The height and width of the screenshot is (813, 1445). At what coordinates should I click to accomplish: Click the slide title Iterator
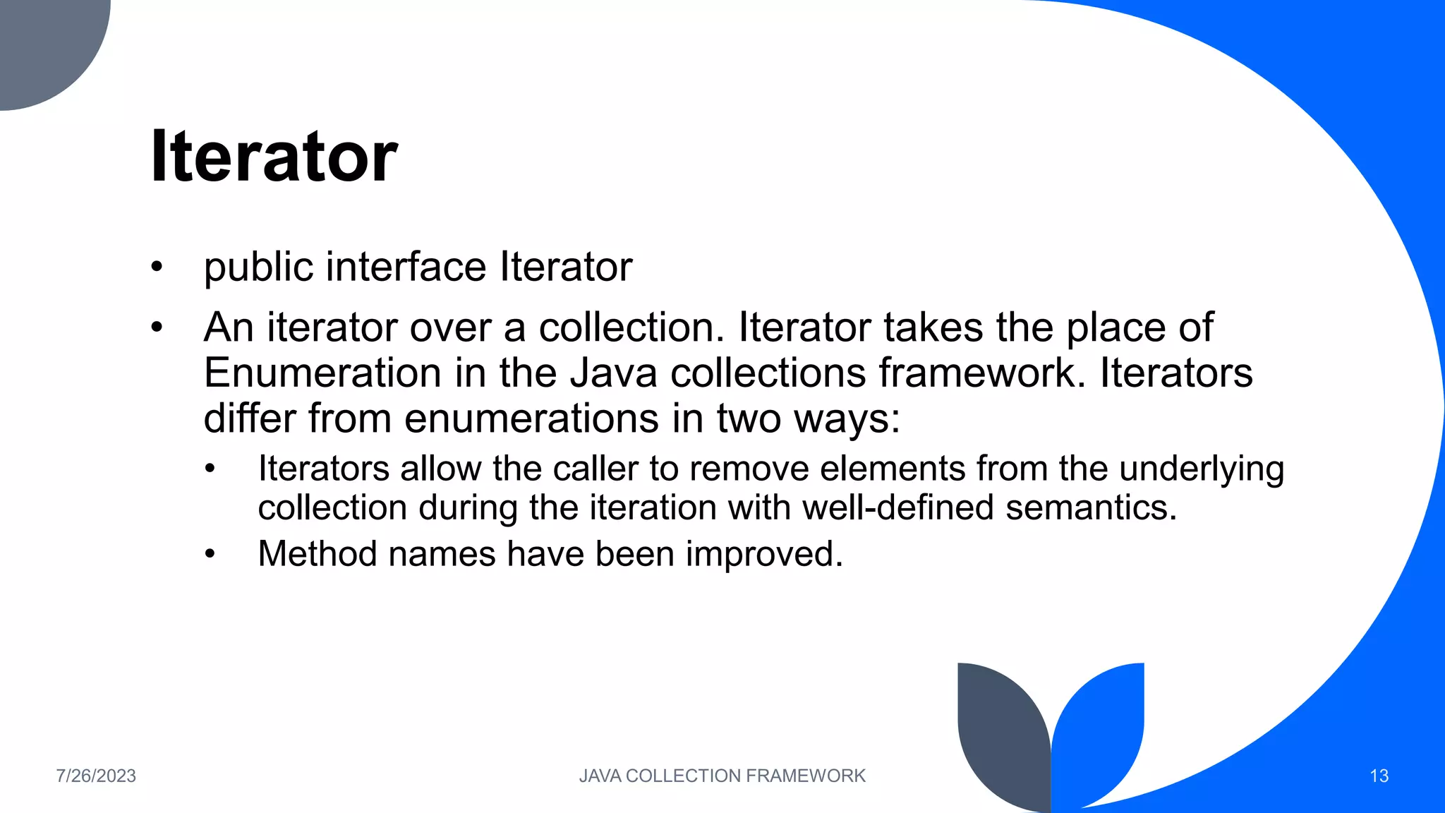click(x=274, y=157)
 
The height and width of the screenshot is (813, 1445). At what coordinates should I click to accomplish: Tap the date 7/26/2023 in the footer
click(x=96, y=776)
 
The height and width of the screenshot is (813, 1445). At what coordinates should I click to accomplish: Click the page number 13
click(x=1379, y=776)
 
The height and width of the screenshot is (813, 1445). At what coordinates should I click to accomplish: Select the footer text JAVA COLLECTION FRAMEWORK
click(x=722, y=776)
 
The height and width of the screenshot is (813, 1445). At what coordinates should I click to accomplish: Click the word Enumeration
click(x=322, y=373)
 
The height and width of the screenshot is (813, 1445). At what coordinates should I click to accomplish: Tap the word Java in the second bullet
click(x=613, y=373)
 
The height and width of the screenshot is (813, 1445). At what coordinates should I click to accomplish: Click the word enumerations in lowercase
click(x=531, y=418)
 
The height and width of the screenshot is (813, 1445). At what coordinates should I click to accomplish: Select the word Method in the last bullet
click(x=317, y=553)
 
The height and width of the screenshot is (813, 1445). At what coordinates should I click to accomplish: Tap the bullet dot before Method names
click(x=210, y=555)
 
